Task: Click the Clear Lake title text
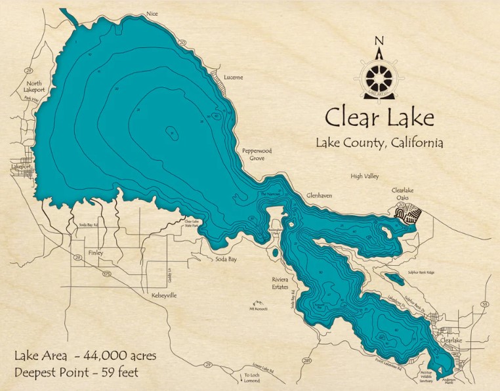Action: click(379, 118)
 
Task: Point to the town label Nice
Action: click(153, 13)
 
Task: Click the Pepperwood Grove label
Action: click(257, 154)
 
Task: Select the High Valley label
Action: click(365, 176)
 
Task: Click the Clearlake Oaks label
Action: click(404, 194)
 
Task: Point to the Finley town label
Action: click(95, 252)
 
